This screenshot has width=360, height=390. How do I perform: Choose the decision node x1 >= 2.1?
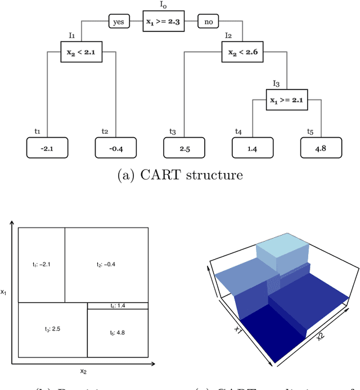pyautogui.click(x=289, y=101)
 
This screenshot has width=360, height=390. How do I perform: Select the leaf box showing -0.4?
pyautogui.click(x=116, y=148)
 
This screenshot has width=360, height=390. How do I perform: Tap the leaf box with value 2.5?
pyautogui.click(x=185, y=148)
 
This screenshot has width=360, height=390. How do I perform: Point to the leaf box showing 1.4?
pyautogui.click(x=251, y=148)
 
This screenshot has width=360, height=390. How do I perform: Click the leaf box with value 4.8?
pyautogui.click(x=321, y=148)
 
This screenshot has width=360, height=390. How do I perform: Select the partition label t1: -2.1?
pyautogui.click(x=42, y=265)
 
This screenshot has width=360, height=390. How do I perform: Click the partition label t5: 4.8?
pyautogui.click(x=118, y=333)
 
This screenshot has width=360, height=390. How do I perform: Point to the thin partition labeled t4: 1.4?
pyautogui.click(x=118, y=306)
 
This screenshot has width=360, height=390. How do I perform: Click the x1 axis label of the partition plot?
pyautogui.click(x=4, y=292)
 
